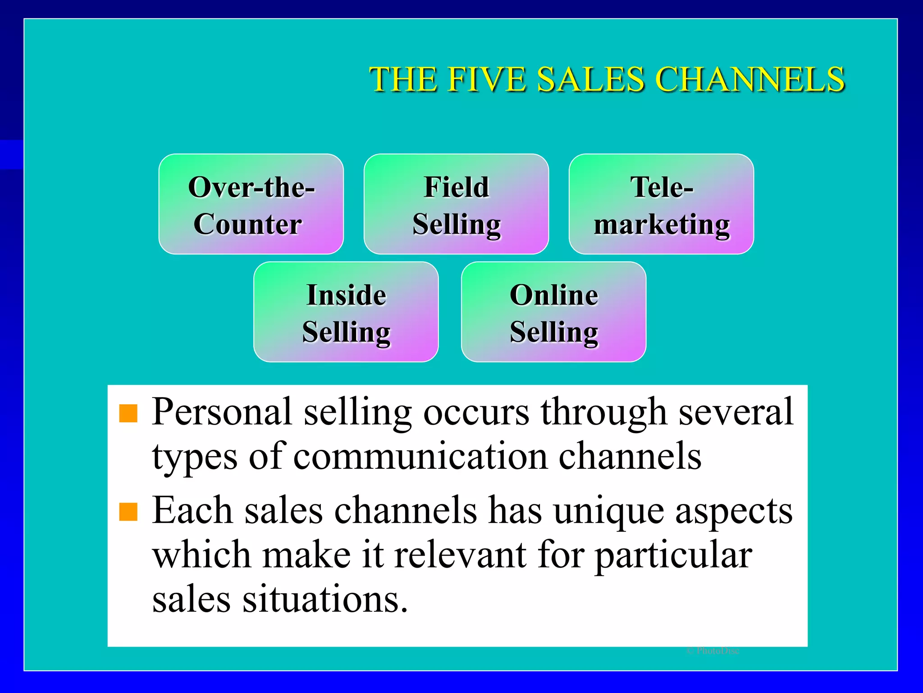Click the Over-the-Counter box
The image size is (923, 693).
251,204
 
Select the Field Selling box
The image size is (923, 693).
456,204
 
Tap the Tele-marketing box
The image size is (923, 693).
661,204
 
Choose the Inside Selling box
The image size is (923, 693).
346,312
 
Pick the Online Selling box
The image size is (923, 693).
553,312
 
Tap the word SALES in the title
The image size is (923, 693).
590,79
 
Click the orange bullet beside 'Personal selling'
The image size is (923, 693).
128,413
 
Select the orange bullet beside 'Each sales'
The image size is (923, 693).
128,512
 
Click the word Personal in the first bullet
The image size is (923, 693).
222,411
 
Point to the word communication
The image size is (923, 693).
420,457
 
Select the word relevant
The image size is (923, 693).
460,555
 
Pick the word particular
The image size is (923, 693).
673,556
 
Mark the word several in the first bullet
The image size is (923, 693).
736,411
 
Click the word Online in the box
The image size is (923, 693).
554,295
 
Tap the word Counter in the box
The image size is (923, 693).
247,224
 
